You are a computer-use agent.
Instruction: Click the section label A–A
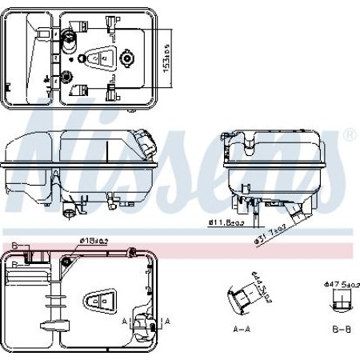pos(242,329)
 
